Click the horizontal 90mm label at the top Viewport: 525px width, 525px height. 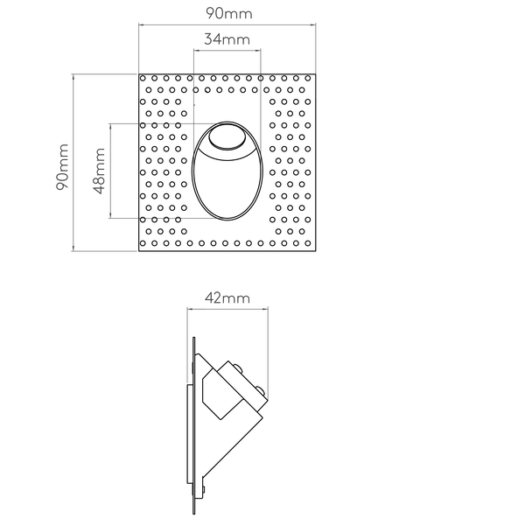(228, 13)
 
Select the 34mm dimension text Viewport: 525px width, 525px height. (227, 39)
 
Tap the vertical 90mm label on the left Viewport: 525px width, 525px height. (62, 167)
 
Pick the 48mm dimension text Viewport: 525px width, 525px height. (99, 171)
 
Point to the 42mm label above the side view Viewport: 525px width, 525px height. (227, 298)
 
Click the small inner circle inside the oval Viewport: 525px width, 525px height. (227, 137)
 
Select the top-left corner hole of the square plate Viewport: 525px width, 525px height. (143, 79)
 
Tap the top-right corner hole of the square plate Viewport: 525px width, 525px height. (308, 79)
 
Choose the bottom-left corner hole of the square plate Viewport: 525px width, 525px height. (143, 243)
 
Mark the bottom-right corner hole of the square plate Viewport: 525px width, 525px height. (308, 243)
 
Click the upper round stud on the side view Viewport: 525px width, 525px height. (238, 367)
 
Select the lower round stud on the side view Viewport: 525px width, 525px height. (261, 390)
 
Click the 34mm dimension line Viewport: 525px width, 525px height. (227, 51)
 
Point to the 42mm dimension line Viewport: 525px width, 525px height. (227, 310)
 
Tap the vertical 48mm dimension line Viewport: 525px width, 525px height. (110, 171)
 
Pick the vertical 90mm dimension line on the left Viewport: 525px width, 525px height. (73, 163)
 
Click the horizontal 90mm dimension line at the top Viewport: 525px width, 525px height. (227, 24)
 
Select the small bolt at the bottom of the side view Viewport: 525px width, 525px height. (203, 490)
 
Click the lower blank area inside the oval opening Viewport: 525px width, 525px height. (227, 187)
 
